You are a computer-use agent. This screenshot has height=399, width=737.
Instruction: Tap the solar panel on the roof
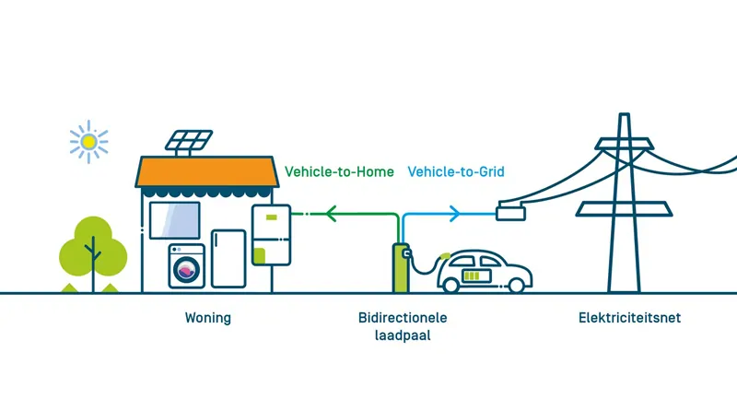(190, 142)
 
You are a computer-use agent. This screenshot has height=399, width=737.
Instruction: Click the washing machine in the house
(187, 266)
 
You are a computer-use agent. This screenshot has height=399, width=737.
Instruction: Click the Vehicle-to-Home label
(339, 171)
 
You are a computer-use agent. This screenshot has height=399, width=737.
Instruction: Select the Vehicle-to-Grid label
(456, 171)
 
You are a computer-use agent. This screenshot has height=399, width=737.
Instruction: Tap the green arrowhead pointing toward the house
(333, 215)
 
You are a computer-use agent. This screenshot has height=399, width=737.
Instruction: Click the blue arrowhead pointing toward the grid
(454, 215)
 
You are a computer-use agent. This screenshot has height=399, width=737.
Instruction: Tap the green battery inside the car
(477, 275)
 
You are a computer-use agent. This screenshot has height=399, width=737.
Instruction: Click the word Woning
(207, 319)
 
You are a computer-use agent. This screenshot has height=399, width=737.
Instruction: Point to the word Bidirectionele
(403, 319)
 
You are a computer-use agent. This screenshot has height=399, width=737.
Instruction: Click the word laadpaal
(403, 336)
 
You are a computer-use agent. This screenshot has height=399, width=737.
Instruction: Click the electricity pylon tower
(625, 203)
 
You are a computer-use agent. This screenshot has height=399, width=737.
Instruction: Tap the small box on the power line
(509, 213)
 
